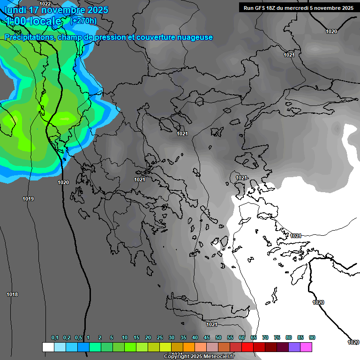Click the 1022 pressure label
tap(45, 4)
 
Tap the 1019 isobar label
tap(28, 199)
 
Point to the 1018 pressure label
tap(12, 294)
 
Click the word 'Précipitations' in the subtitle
tap(29, 37)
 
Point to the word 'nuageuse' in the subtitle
tap(194, 37)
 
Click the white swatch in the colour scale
tap(48, 347)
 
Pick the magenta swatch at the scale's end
tap(306, 347)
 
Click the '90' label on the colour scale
tap(312, 338)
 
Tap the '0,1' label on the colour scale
tap(55, 338)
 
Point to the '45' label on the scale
tap(207, 338)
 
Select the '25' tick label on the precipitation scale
tap(160, 338)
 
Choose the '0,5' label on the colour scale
tap(78, 338)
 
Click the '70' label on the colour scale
tap(265, 338)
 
